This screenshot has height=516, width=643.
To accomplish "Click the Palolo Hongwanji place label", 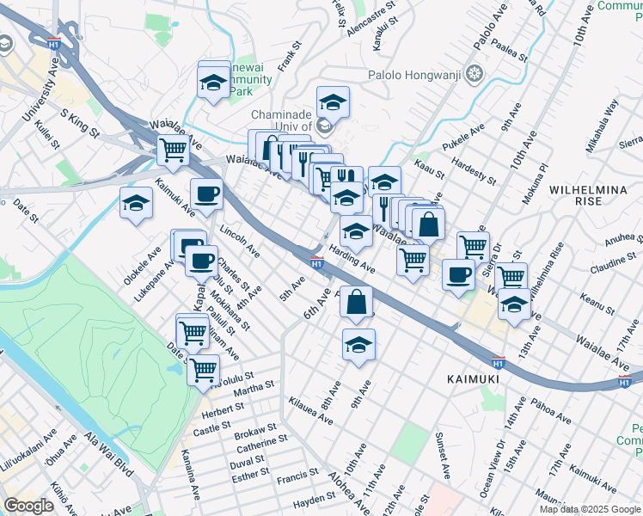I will pyautogui.click(x=416, y=74).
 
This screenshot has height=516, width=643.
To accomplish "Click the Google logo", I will pyautogui.click(x=29, y=506).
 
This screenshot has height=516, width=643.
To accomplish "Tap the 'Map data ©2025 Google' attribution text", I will pyautogui.click(x=591, y=509).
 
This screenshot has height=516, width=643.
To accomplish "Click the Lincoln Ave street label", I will pyautogui.click(x=240, y=243).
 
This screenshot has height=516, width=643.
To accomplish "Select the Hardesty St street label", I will pyautogui.click(x=473, y=169).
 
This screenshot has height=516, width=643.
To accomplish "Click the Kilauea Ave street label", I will pyautogui.click(x=311, y=411).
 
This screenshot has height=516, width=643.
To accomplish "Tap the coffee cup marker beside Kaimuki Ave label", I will pyautogui.click(x=205, y=193).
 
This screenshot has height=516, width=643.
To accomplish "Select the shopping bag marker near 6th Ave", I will pyautogui.click(x=356, y=302).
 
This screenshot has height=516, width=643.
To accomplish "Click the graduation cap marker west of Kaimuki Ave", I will pyautogui.click(x=136, y=203).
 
